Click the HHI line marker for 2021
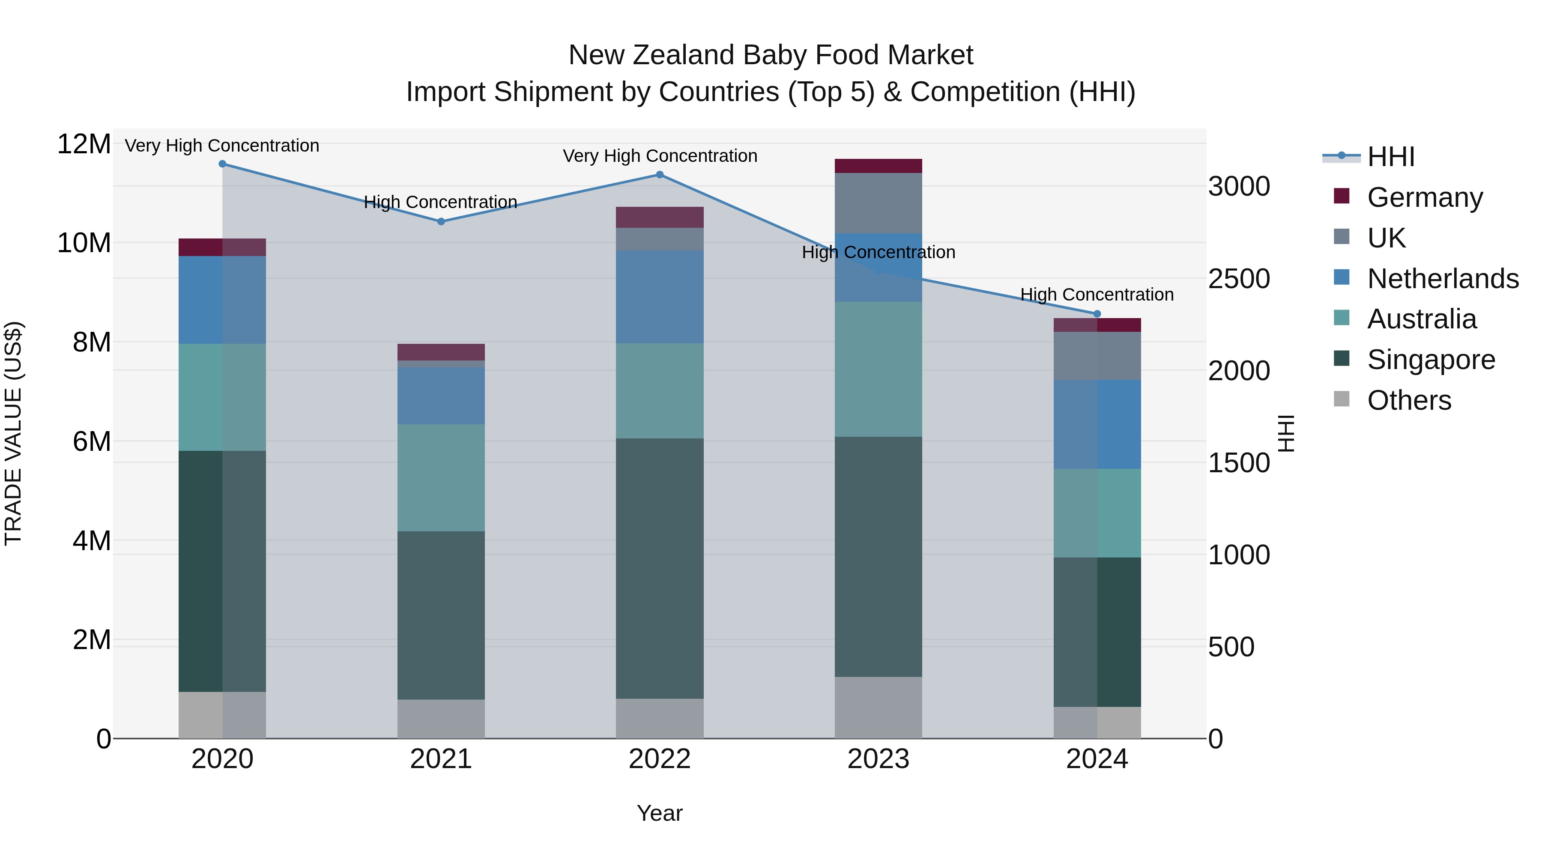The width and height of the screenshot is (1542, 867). coord(441,221)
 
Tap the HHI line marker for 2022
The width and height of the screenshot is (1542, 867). coord(660,175)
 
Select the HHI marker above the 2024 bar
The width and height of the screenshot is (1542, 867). coord(1097,313)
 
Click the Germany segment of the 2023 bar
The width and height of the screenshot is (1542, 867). coord(878,166)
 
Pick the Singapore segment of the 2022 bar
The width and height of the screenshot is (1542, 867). coord(660,569)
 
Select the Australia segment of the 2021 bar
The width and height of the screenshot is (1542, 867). coord(441,477)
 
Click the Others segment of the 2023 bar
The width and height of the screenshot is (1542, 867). coord(878,707)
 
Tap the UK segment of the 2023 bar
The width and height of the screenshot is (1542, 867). coord(878,203)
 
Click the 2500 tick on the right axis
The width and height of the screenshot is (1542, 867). coord(1238,279)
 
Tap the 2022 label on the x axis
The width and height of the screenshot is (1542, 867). coord(660,759)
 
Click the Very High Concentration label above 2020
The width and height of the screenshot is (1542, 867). coord(222,146)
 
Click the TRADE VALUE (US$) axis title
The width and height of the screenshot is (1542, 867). coord(14,433)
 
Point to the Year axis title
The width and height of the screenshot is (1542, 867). coord(660,813)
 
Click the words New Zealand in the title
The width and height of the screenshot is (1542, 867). coord(652,55)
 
